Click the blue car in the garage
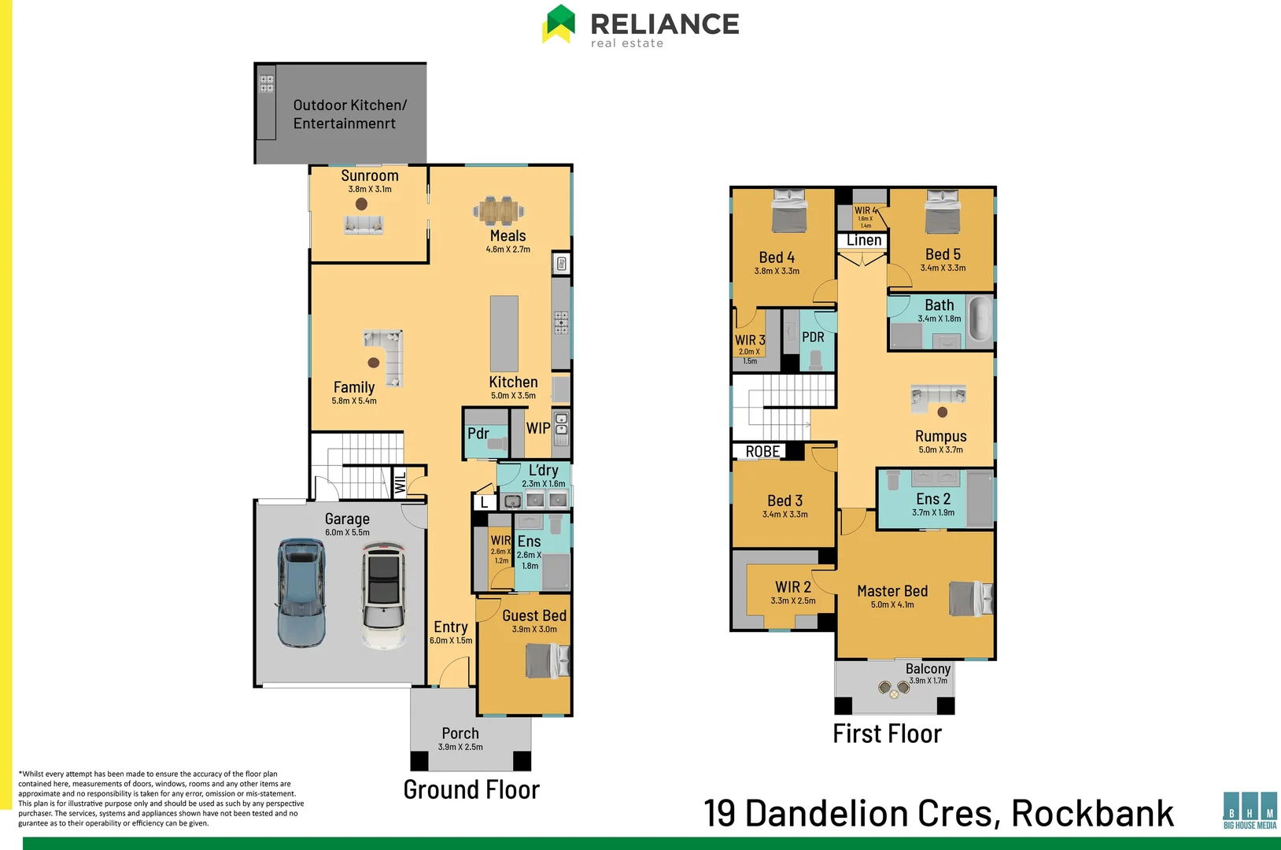[301, 593]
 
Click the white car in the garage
[384, 596]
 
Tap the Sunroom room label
[370, 176]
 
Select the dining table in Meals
[499, 210]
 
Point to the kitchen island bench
[504, 333]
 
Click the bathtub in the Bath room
[980, 318]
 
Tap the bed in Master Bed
[970, 598]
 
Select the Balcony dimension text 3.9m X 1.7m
[928, 681]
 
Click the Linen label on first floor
[864, 241]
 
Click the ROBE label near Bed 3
[762, 452]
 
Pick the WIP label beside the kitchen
[538, 428]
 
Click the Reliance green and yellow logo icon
[559, 24]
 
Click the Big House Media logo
[1250, 810]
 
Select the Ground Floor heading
[471, 789]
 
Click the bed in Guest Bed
[547, 660]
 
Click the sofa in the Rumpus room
[938, 396]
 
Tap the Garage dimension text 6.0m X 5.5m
[347, 533]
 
